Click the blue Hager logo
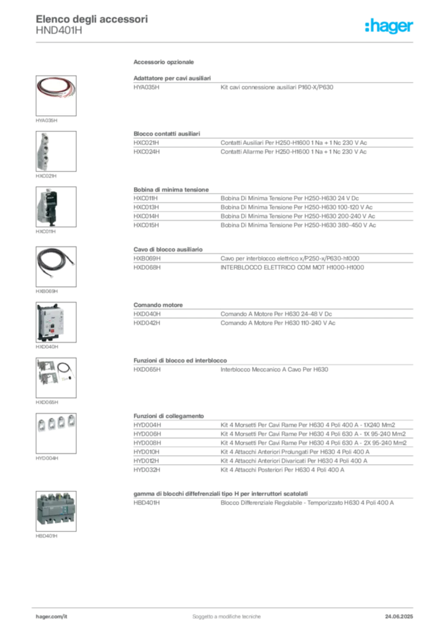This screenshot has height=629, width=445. click(389, 26)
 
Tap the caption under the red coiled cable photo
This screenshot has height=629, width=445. click(49, 120)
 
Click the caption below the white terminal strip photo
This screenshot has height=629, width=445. click(47, 177)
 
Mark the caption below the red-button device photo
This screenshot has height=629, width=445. click(47, 348)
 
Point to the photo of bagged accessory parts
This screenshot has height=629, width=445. click(55, 372)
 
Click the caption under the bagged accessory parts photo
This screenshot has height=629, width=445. click(47, 404)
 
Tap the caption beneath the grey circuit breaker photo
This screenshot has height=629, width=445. click(47, 537)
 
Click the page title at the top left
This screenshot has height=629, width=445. click(92, 17)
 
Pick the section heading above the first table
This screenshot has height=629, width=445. click(165, 63)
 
